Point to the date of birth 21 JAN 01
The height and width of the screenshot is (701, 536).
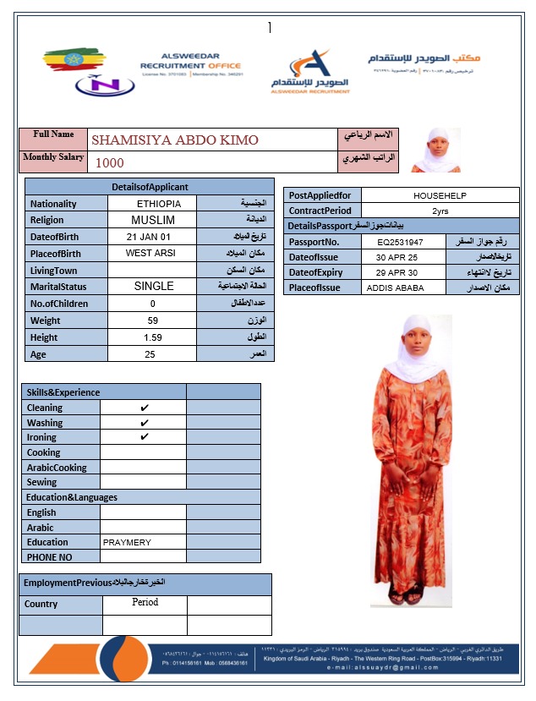pos(149,237)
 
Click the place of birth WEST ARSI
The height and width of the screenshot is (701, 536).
pos(150,253)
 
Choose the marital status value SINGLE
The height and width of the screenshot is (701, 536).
pos(154,287)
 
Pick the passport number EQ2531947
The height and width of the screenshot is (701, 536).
pos(400,242)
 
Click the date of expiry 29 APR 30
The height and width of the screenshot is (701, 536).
pos(397,272)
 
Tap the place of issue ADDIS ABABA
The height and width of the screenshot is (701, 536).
pos(394,288)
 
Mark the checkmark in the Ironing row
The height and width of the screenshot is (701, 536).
pos(145,437)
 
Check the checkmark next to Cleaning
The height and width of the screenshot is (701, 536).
pos(145,408)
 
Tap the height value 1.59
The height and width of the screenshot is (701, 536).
pos(153,337)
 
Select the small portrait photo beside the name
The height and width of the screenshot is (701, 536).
pos(437,150)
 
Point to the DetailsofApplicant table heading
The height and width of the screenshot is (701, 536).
pos(150,187)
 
